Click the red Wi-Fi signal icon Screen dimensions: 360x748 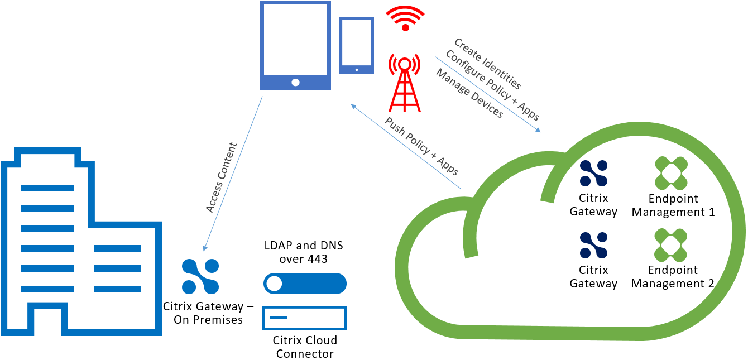tap(406, 18)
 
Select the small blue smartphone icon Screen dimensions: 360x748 tap(357, 45)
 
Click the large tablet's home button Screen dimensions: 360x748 tap(295, 83)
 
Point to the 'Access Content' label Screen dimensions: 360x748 tap(222, 177)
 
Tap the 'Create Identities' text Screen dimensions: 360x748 tap(487, 64)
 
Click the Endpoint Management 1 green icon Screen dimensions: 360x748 tap(671, 173)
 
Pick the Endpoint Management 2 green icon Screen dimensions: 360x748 tap(671, 245)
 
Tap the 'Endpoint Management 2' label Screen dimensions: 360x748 tap(673, 277)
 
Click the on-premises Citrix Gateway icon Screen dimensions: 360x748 tap(200, 276)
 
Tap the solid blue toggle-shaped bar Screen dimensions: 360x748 tap(305, 284)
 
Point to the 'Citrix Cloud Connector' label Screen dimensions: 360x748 tap(305, 347)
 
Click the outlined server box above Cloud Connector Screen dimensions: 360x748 tap(305, 318)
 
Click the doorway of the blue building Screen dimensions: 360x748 tap(37, 319)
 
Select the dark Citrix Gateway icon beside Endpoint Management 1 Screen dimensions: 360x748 tap(593, 173)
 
